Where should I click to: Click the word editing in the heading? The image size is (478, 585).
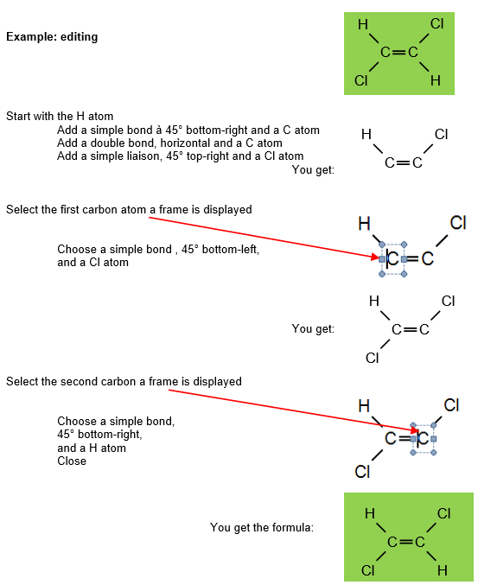(x=80, y=37)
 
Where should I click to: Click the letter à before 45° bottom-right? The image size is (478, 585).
(x=158, y=130)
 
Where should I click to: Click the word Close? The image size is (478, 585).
(x=72, y=461)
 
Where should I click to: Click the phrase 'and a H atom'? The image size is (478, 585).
(x=92, y=448)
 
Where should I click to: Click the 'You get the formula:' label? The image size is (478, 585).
(x=262, y=527)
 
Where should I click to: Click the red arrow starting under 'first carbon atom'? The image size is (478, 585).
(x=264, y=238)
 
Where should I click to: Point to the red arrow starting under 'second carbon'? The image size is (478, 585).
(x=293, y=410)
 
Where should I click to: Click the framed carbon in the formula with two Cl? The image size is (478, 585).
(x=424, y=438)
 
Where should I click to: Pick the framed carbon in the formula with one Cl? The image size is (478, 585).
(x=393, y=259)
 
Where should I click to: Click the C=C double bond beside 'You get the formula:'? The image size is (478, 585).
(x=406, y=542)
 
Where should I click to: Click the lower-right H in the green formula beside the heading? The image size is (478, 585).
(x=436, y=80)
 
